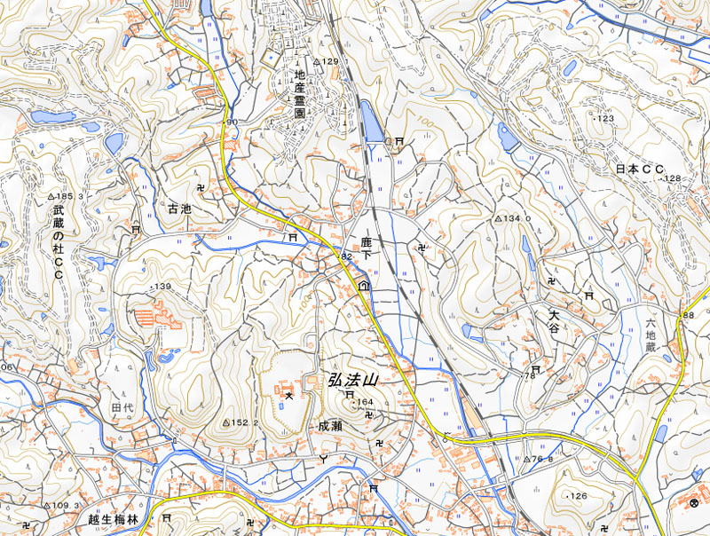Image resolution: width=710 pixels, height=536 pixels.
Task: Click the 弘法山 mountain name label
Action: (x=353, y=379)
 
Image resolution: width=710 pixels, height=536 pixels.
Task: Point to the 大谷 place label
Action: (x=555, y=321)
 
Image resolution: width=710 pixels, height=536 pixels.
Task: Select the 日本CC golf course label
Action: (x=640, y=168)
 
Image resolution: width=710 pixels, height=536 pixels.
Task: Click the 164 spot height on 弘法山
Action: (x=364, y=403)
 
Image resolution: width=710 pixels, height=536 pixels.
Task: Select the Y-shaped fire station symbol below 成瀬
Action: (x=323, y=458)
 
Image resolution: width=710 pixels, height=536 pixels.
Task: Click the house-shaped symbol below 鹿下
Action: (x=364, y=286)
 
